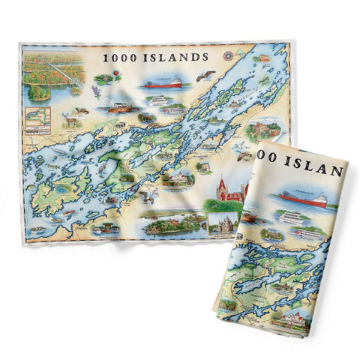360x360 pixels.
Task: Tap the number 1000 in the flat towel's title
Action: tap(120, 56)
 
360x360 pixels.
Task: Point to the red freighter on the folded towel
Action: tap(303, 200)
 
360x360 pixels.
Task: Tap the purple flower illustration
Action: tap(96, 94)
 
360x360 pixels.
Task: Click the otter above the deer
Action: tap(82, 110)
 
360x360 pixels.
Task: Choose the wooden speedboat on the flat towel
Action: tap(118, 107)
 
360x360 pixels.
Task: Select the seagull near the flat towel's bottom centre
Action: tap(147, 196)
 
